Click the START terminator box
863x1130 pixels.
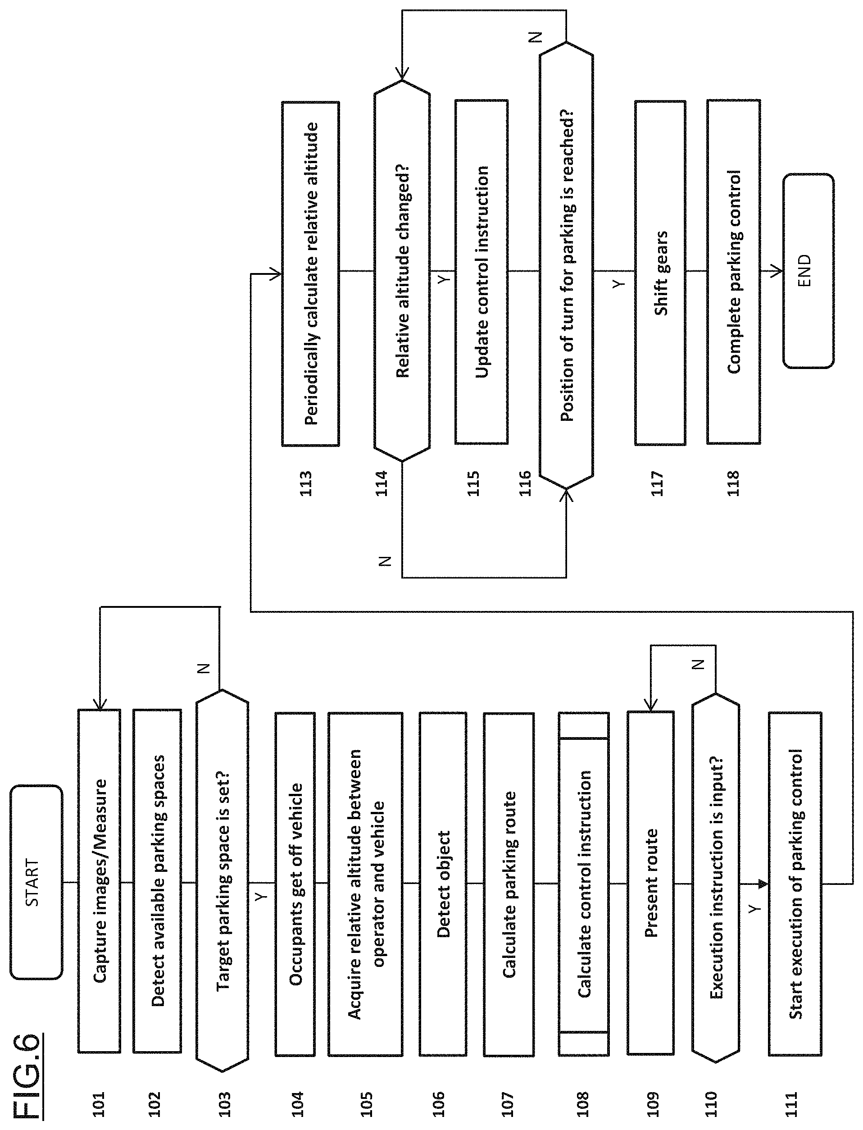pyautogui.click(x=36, y=883)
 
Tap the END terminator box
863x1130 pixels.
pyautogui.click(x=808, y=271)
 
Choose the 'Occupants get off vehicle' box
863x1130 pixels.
pyautogui.click(x=295, y=884)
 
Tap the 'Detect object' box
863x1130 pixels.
pyautogui.click(x=443, y=884)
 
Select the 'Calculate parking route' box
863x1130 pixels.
pyautogui.click(x=509, y=884)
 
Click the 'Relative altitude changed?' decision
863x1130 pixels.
pyautogui.click(x=402, y=271)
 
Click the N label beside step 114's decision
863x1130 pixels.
pyautogui.click(x=385, y=561)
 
